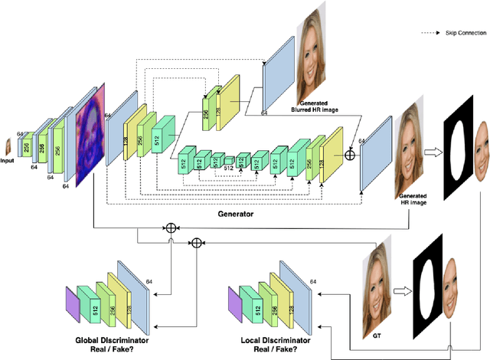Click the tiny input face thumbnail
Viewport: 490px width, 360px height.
click(x=8, y=145)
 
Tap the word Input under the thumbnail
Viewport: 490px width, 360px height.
click(x=8, y=162)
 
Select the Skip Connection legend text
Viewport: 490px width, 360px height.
click(x=459, y=34)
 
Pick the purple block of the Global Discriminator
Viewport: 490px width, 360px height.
click(x=71, y=302)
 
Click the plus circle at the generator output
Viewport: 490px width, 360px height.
click(x=351, y=155)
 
